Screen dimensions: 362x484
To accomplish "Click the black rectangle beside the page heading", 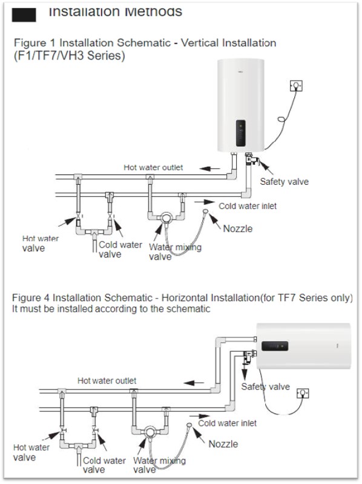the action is coord(24,15).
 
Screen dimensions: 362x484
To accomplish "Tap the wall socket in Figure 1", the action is coord(296,85).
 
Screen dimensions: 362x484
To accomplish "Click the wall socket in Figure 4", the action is coord(303,393).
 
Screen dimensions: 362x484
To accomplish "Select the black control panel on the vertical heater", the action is coord(241,133).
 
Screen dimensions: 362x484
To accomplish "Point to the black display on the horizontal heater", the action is coord(275,346).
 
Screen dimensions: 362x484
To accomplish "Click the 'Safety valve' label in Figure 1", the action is coord(284,182).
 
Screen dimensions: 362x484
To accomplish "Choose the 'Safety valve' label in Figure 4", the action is coord(265,386).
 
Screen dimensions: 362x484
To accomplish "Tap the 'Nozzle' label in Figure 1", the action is coord(238,229).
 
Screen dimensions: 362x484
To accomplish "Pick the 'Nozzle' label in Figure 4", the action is coord(223,444).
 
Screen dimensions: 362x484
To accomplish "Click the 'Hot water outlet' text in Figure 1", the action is coord(153,167).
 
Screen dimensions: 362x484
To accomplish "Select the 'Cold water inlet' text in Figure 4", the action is coord(227,423).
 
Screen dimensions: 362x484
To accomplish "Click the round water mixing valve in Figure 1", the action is coord(166,218).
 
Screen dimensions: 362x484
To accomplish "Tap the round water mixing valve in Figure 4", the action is coord(150,432).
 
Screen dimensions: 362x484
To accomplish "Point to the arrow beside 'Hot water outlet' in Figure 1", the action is coord(209,168).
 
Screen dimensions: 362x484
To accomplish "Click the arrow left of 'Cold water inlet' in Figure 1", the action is coord(205,202).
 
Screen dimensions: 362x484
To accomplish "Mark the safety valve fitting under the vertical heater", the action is coord(251,159).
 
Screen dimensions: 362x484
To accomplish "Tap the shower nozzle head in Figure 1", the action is coord(205,211).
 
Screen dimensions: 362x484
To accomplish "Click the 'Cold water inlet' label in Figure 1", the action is coord(248,206).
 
